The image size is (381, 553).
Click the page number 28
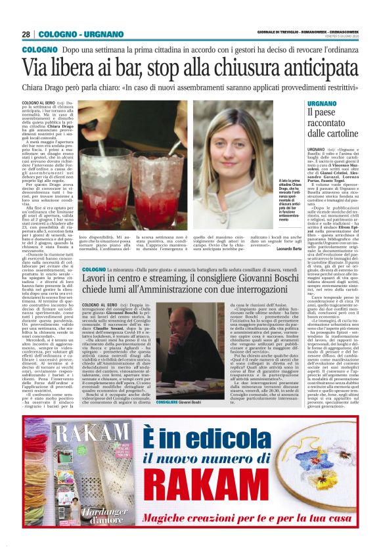coord(26,34)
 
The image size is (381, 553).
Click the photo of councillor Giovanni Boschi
coord(174,336)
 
